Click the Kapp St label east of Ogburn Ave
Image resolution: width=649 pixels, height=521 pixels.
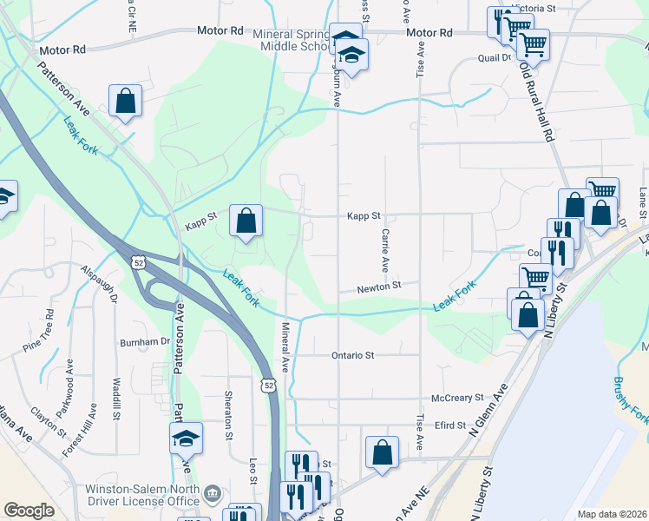pos(364,215)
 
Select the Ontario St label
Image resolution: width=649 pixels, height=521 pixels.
pos(352,355)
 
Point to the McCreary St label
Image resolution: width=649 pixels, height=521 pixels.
pos(456,398)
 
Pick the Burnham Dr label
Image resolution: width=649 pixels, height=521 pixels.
pos(145,342)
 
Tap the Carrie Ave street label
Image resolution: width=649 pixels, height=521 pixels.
pos(382,249)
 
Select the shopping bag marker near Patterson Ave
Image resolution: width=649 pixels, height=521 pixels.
pos(126,100)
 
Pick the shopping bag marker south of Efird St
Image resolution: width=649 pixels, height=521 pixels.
pos(382,452)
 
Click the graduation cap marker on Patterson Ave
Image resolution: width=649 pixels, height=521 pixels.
pos(186,439)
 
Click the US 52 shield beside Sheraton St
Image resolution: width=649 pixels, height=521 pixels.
pos(268,384)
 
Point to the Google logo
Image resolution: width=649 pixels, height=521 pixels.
pos(29,511)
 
